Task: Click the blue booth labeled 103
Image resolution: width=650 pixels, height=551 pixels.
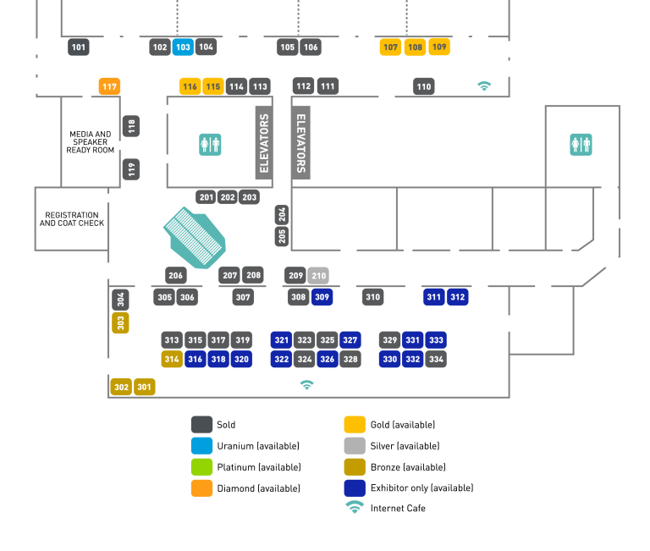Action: [183, 47]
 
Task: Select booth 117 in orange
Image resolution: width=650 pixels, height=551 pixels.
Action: [109, 86]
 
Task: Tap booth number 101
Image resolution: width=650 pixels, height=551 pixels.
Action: [79, 47]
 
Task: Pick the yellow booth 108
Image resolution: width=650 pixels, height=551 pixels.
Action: [415, 47]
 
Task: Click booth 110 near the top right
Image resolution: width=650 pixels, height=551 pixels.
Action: [424, 86]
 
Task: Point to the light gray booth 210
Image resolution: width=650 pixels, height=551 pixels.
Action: [318, 275]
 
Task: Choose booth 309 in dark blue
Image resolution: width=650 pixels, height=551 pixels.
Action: [322, 297]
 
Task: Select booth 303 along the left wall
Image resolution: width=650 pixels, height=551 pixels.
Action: [121, 322]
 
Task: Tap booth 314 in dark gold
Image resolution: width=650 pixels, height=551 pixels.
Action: [172, 359]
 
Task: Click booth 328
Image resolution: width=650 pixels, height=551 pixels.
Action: [350, 359]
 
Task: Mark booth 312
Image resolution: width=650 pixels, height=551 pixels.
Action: [458, 297]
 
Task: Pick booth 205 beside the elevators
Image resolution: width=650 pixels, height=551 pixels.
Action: [282, 236]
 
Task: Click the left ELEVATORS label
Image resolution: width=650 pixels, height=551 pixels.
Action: [264, 142]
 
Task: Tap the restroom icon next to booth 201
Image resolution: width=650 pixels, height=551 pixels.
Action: [210, 144]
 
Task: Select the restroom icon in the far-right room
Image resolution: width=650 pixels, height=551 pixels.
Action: [581, 144]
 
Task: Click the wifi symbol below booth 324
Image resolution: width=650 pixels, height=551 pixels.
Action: [306, 384]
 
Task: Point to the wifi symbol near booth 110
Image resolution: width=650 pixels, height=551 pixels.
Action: [484, 86]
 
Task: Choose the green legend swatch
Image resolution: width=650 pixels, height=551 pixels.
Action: [201, 466]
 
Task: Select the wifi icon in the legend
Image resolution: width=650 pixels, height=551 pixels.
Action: [355, 507]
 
